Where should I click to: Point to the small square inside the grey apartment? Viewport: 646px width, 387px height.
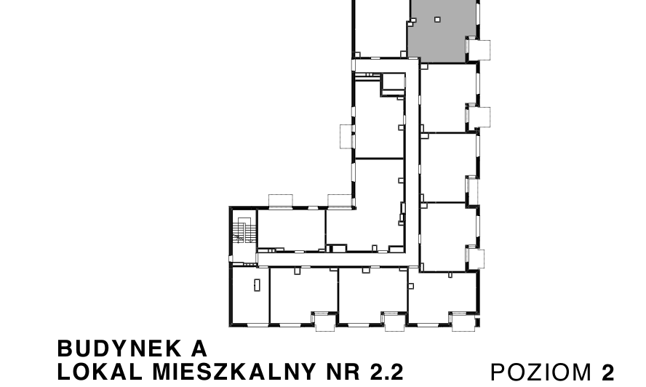[437, 20]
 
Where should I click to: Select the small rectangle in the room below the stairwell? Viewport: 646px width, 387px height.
[257, 284]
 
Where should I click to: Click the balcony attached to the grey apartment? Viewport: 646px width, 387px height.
[481, 49]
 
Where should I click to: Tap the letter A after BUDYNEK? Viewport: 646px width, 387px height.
[199, 348]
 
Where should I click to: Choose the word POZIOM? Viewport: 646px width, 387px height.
[542, 372]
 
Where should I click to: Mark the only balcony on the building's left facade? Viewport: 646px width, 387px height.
[346, 136]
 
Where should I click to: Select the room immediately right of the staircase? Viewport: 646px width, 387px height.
[291, 230]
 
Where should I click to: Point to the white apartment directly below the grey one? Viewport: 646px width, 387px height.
[449, 97]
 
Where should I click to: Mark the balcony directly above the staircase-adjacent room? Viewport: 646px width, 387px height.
[280, 201]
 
